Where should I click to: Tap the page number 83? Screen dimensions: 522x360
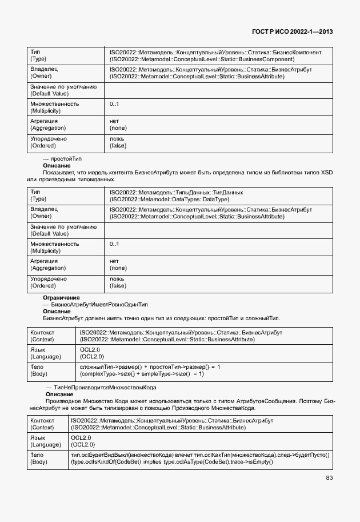329,478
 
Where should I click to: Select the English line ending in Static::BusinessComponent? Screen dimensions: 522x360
202,59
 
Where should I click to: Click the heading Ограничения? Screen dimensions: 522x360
61,298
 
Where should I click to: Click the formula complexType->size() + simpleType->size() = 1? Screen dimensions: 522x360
142,373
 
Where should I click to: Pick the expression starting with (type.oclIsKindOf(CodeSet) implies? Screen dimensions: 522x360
172,461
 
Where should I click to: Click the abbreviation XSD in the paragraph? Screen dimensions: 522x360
326,172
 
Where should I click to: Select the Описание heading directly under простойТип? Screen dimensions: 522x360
57,165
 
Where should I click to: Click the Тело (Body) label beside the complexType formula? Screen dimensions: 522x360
39,370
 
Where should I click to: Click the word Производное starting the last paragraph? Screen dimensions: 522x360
62,401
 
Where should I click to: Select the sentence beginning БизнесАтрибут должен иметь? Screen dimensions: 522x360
161,318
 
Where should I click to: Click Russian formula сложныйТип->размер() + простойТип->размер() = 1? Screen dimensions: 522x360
150,366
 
